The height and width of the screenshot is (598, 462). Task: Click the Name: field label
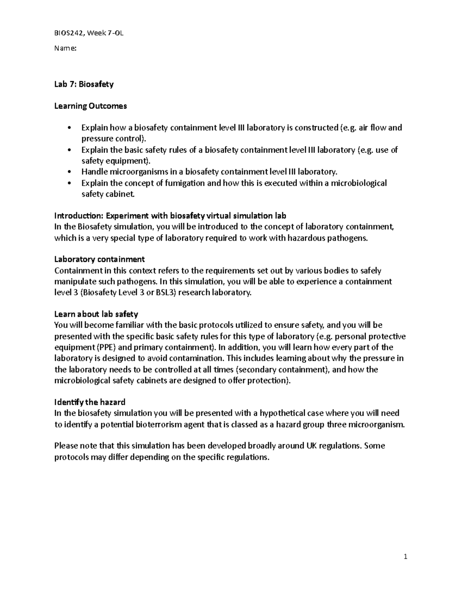point(65,49)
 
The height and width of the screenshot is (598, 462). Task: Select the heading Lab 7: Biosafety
point(84,84)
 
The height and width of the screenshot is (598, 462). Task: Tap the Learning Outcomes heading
point(90,106)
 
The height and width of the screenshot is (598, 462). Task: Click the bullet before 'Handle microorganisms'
point(69,172)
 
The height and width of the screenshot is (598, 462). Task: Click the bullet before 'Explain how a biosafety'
point(69,128)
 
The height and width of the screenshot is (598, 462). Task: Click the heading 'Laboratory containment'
point(99,259)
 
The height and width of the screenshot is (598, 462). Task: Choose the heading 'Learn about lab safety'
point(96,314)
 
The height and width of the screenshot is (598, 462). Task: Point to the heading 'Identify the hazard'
point(90,402)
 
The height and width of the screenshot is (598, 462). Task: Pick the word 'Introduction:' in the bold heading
point(79,215)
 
